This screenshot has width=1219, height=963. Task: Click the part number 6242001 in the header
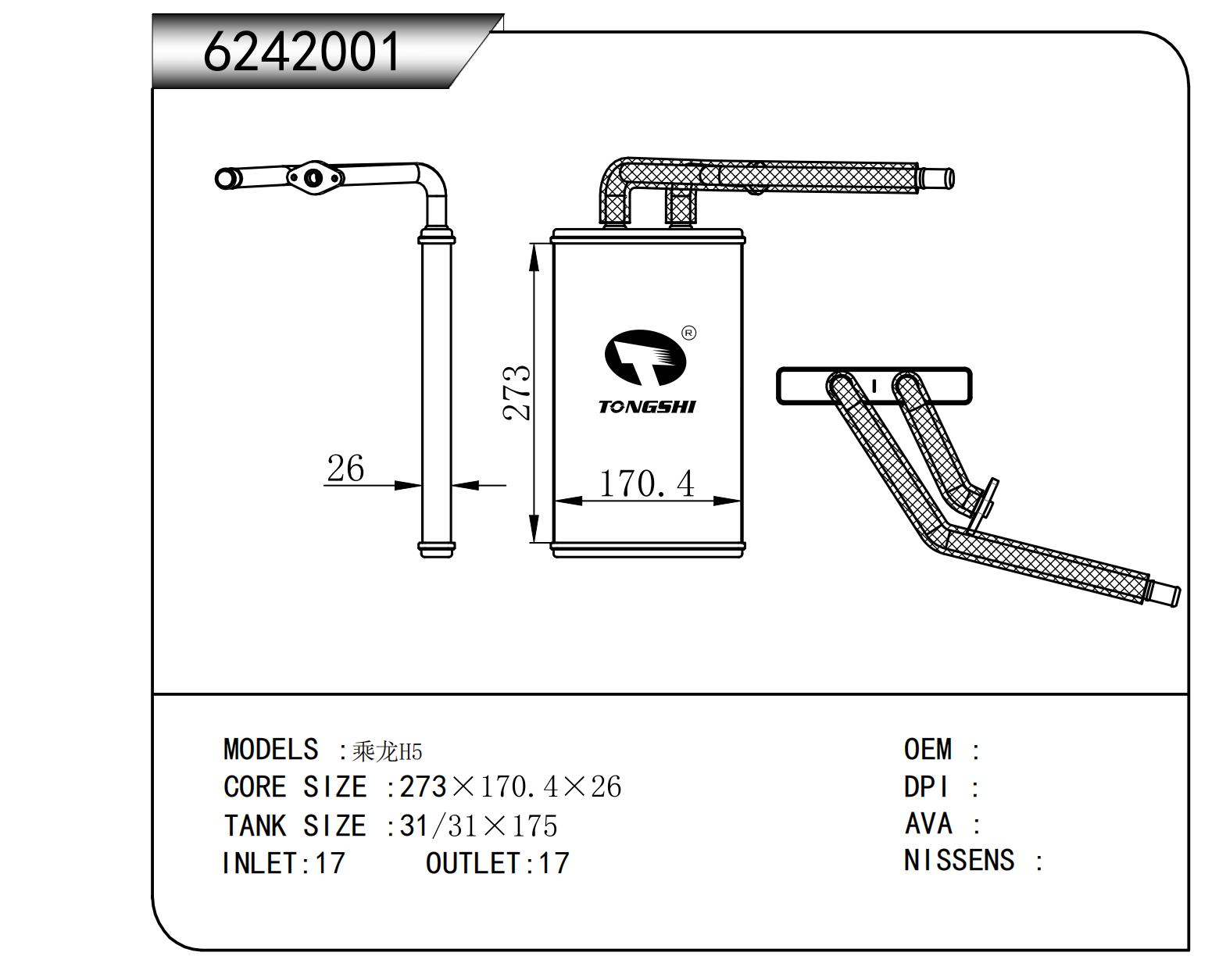[302, 52]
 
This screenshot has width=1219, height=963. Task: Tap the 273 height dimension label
[517, 393]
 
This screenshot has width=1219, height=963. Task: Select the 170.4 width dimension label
[646, 483]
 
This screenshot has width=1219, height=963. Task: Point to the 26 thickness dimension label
[345, 469]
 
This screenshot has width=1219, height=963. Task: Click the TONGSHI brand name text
[646, 407]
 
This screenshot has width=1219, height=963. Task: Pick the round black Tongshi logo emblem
[645, 358]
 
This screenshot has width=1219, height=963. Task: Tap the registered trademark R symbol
[688, 333]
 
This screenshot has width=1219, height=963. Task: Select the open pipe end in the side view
[225, 179]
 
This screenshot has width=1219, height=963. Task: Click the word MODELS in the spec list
[270, 750]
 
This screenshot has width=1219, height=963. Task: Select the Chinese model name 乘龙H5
[387, 752]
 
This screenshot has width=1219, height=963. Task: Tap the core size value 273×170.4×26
[510, 787]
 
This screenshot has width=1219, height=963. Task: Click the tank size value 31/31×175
[478, 826]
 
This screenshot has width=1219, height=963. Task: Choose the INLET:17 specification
[283, 864]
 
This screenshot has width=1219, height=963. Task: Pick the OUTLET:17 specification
[497, 864]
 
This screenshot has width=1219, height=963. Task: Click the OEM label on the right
[928, 750]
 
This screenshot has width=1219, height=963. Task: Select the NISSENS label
[959, 861]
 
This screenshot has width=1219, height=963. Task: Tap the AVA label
[928, 824]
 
